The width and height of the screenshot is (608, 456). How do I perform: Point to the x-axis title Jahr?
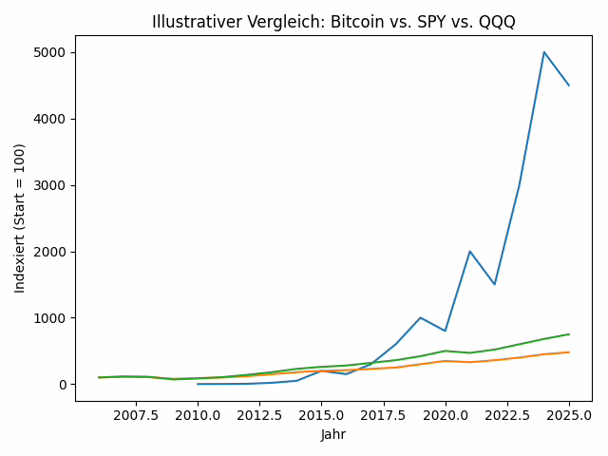pos(333,435)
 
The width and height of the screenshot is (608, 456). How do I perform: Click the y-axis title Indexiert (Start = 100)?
pos(20,218)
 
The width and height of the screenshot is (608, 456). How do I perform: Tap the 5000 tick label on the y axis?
pos(51,52)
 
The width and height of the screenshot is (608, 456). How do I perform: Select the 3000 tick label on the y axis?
pos(51,185)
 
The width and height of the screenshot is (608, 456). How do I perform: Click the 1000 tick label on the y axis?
pos(51,318)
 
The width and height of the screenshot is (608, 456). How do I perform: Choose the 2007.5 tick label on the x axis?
pos(136,415)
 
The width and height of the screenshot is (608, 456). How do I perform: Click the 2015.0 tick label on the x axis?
pos(321,415)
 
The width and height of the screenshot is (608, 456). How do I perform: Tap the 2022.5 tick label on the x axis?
pos(507,415)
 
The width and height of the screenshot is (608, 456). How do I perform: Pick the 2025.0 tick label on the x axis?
pos(569,415)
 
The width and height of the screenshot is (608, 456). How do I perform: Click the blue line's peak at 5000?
pos(544,52)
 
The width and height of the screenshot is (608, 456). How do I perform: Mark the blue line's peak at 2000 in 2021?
pos(470,252)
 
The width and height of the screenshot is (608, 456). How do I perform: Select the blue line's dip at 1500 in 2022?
pos(495,284)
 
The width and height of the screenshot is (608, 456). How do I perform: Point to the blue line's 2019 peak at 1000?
pos(421,318)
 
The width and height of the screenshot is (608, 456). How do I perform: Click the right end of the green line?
pos(569,334)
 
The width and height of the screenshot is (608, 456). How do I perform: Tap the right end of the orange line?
pos(569,352)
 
